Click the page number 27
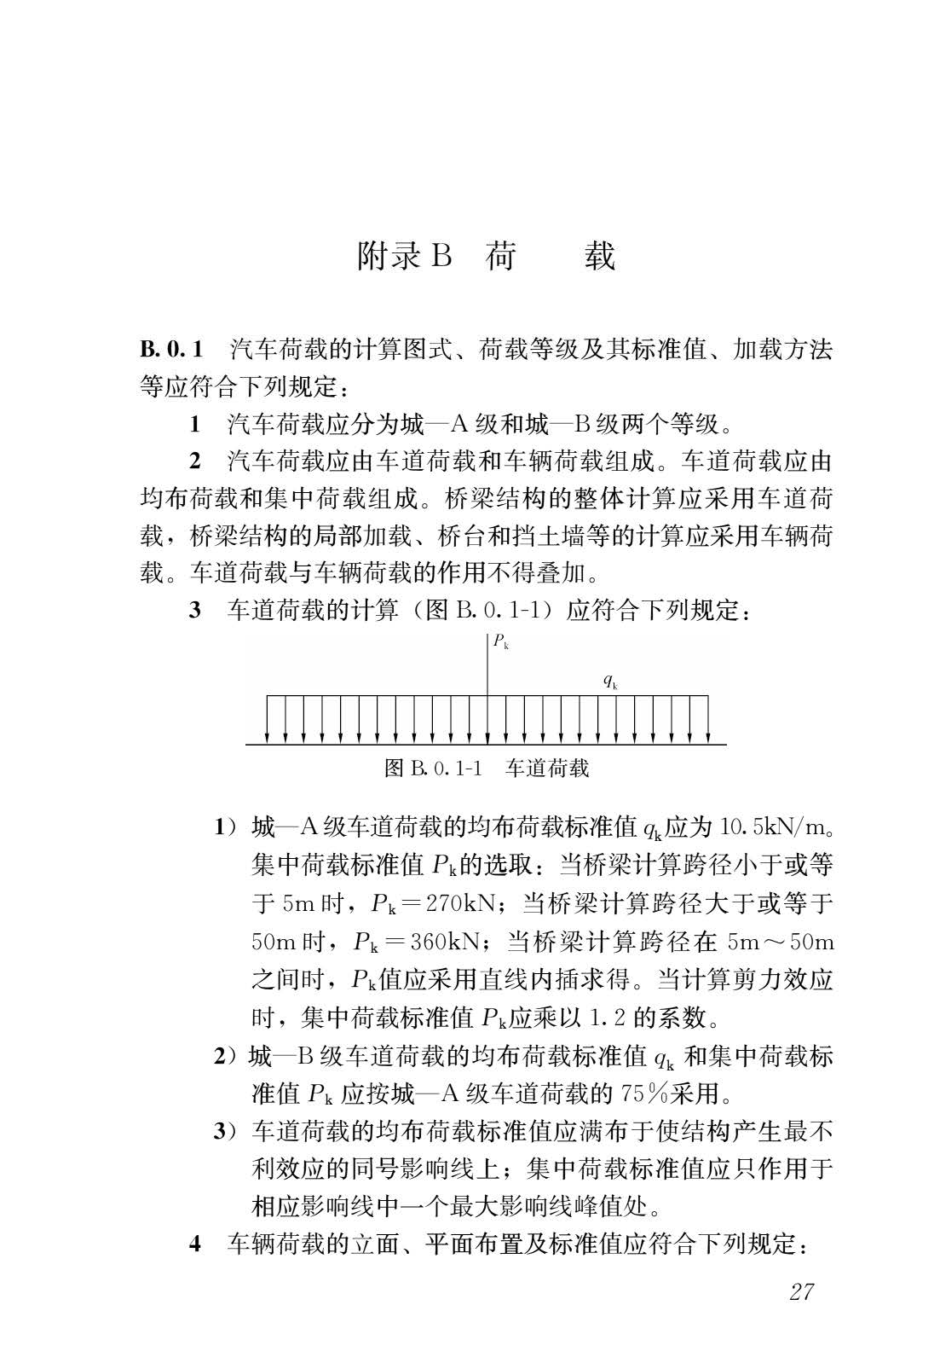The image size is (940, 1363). (801, 1291)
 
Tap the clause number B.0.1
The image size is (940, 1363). (171, 349)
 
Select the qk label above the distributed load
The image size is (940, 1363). (609, 681)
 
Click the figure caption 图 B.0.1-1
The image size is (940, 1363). (434, 768)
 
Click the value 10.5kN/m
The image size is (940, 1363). (773, 827)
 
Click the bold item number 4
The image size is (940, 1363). (195, 1244)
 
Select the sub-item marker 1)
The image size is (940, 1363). (225, 827)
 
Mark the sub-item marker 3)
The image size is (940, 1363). (225, 1131)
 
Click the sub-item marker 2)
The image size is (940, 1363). (225, 1056)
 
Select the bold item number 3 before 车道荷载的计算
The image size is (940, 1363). (195, 611)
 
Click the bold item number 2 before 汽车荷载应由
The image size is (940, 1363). (195, 461)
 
